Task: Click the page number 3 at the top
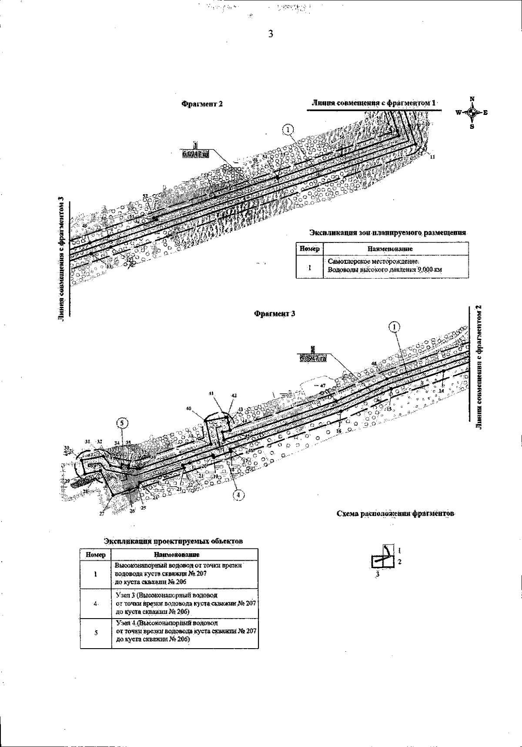click(x=270, y=34)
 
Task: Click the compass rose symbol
click(x=472, y=112)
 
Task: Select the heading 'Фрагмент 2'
click(x=202, y=104)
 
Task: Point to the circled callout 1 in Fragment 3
click(x=395, y=327)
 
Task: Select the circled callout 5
click(x=123, y=423)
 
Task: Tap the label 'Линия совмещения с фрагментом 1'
click(x=374, y=103)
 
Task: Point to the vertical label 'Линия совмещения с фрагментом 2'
click(x=478, y=366)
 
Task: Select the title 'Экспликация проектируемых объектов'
click(x=173, y=541)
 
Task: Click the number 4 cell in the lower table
click(x=95, y=603)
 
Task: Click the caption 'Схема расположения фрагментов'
click(x=396, y=514)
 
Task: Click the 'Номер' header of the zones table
click(x=309, y=249)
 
